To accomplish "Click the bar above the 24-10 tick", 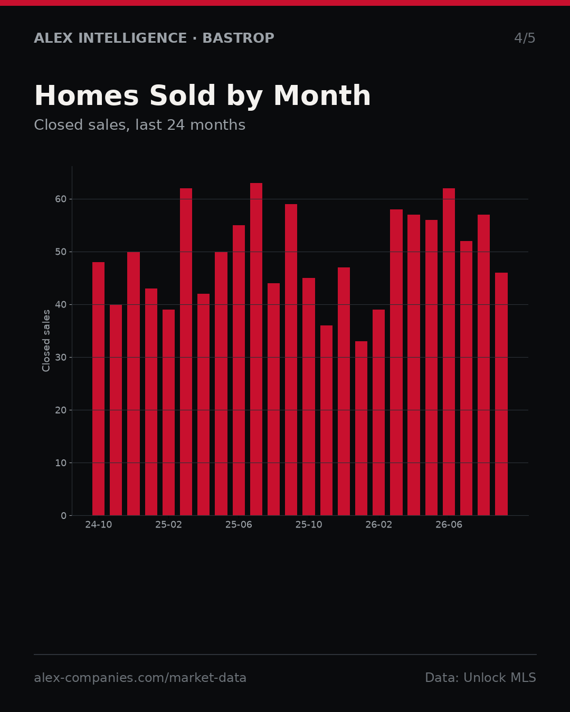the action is [98, 389].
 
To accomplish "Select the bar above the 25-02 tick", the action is [168, 412].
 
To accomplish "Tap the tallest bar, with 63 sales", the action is [256, 349].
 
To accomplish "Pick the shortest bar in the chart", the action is [362, 428].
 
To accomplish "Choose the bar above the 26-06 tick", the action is [449, 352].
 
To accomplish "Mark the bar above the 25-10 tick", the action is [309, 397].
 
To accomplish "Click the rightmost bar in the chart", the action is [501, 394].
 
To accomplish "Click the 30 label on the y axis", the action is [61, 358].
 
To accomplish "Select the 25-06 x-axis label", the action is [239, 525].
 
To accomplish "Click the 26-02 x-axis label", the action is [379, 525].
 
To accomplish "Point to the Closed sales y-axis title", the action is [46, 341].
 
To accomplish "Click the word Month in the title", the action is [322, 95].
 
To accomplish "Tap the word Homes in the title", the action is [87, 95].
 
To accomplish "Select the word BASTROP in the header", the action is [238, 38].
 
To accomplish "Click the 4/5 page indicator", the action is [525, 38].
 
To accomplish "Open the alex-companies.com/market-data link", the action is [140, 678].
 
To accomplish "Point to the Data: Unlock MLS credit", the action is [481, 678].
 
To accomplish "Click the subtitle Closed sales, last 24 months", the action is [140, 125].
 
